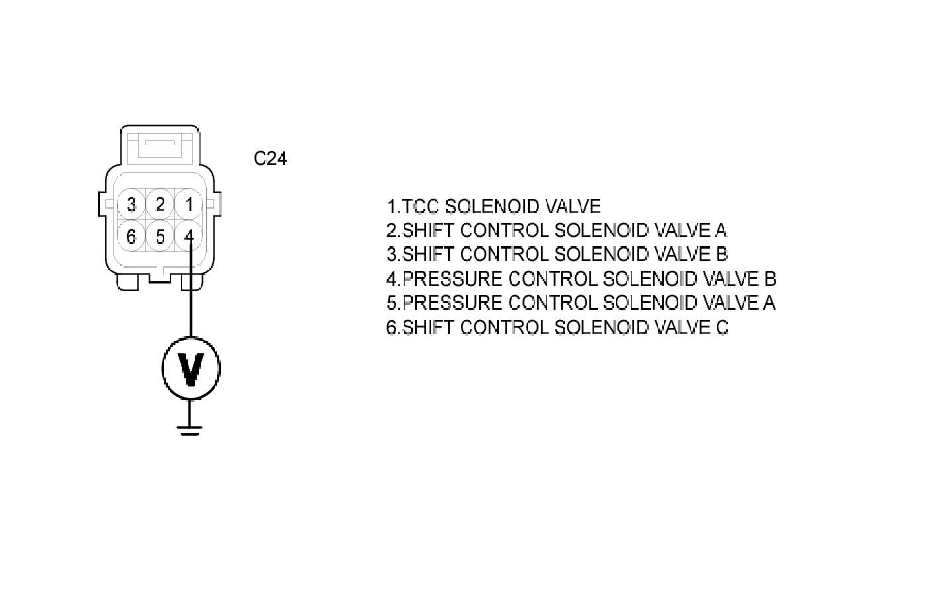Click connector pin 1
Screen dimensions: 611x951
[189, 205]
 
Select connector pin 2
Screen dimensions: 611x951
[160, 205]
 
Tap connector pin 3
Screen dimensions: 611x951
[131, 205]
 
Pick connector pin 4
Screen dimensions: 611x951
[190, 235]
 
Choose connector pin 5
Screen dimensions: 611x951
[160, 235]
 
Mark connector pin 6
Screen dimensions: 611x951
[131, 235]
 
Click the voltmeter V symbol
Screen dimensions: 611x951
[190, 368]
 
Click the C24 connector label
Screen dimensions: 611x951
[270, 159]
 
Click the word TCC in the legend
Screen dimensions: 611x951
[421, 207]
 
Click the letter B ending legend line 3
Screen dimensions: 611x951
[721, 254]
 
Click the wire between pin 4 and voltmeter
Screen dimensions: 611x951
[190, 304]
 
